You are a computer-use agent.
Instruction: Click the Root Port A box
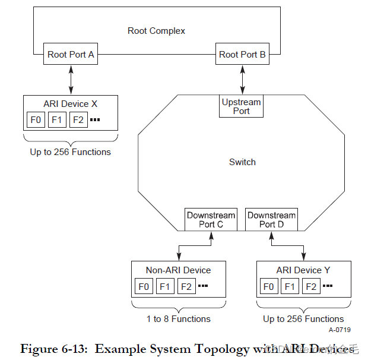pyautogui.click(x=71, y=55)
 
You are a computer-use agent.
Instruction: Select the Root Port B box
pyautogui.click(x=242, y=55)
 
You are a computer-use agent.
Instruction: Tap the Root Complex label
pyautogui.click(x=156, y=31)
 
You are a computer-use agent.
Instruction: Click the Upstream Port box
pyautogui.click(x=241, y=106)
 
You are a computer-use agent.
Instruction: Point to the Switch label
pyautogui.click(x=242, y=162)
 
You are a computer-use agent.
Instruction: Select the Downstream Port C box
pyautogui.click(x=211, y=219)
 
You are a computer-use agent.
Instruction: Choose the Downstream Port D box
pyautogui.click(x=271, y=219)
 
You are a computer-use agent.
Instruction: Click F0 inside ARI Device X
pyautogui.click(x=36, y=119)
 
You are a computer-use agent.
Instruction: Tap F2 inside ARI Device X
pyautogui.click(x=78, y=119)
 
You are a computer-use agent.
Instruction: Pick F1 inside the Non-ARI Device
pyautogui.click(x=165, y=286)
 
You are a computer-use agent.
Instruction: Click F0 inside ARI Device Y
pyautogui.click(x=269, y=286)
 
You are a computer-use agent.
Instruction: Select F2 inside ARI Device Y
pyautogui.click(x=310, y=286)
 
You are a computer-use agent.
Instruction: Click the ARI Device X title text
pyautogui.click(x=70, y=104)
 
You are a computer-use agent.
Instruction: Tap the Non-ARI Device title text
pyautogui.click(x=178, y=270)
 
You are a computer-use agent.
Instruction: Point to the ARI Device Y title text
pyautogui.click(x=303, y=270)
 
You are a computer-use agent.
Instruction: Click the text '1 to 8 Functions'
pyautogui.click(x=178, y=319)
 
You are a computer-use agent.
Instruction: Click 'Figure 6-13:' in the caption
pyautogui.click(x=55, y=349)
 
